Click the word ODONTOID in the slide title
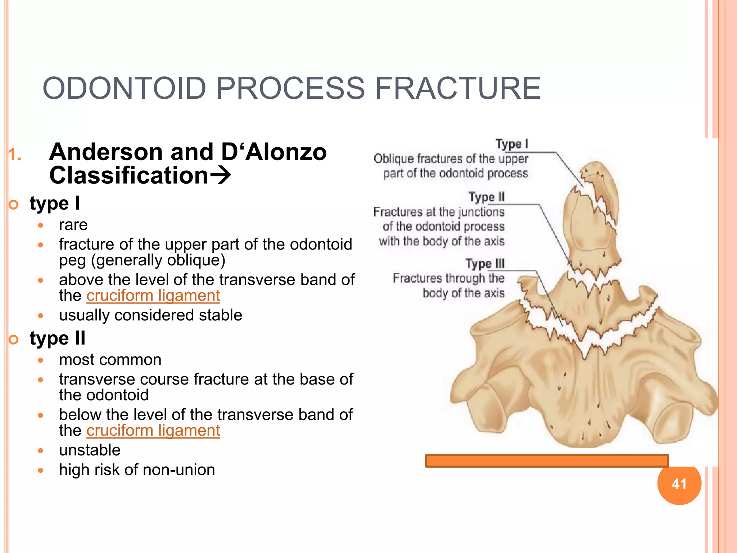(124, 89)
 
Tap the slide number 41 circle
(679, 484)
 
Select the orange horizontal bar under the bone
(547, 461)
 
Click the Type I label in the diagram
(511, 144)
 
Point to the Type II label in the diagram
(486, 197)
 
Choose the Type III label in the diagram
(485, 264)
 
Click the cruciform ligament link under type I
(153, 296)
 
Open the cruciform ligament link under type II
(153, 431)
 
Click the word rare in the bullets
(73, 225)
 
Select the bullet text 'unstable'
(90, 450)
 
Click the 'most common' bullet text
(110, 360)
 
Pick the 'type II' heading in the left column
(58, 338)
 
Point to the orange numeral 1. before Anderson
(15, 155)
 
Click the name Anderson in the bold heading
(107, 152)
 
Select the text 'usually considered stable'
(150, 315)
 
